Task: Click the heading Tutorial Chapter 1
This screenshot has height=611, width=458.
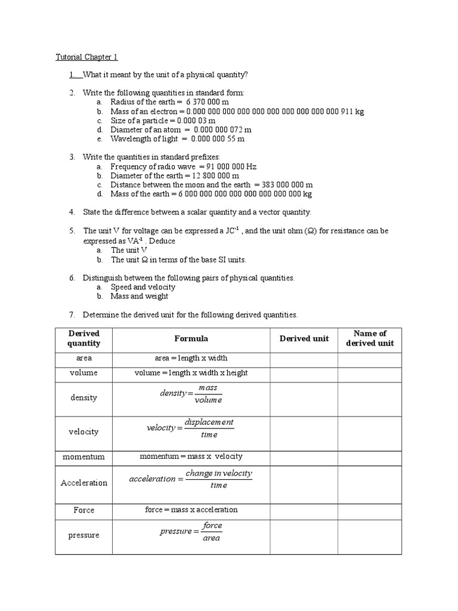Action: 86,57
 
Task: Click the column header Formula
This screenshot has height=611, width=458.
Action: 191,338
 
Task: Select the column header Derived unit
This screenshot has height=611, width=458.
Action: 304,338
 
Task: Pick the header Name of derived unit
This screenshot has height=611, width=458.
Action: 370,338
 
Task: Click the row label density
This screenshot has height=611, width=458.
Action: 83,397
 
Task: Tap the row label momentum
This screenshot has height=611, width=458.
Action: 83,456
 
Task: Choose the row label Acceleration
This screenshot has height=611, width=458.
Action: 83,483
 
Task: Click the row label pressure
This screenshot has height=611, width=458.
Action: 83,535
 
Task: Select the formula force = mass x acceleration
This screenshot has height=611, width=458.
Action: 191,510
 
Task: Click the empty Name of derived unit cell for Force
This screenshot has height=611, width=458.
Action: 370,510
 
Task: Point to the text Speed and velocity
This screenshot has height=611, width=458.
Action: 143,287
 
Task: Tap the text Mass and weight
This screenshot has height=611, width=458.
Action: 140,296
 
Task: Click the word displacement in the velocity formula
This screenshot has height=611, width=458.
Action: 209,422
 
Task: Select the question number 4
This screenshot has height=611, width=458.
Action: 72,212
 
